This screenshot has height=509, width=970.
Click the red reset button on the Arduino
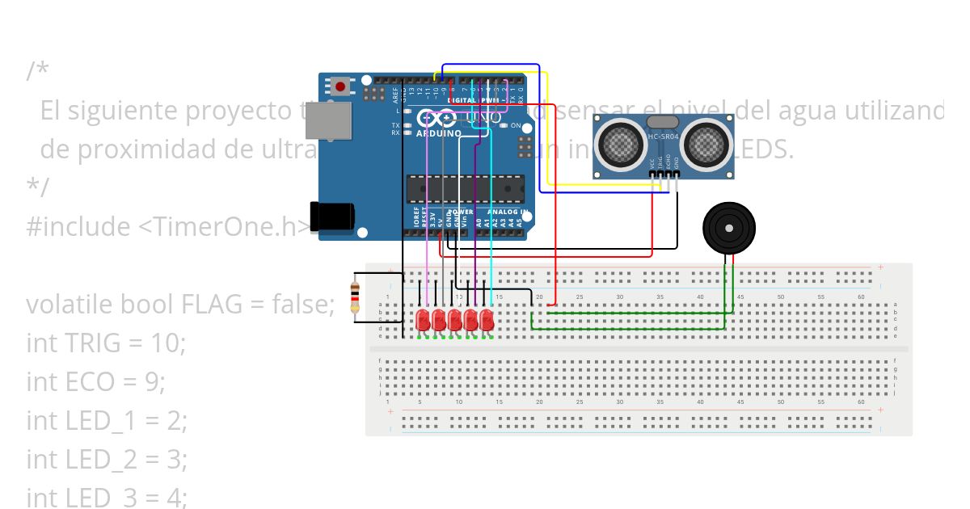[x=341, y=86]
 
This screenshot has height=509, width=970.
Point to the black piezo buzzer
[x=730, y=229]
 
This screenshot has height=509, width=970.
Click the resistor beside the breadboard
[x=354, y=298]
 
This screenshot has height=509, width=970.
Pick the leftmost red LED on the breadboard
[x=422, y=320]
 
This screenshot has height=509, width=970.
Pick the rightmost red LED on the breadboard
[x=487, y=320]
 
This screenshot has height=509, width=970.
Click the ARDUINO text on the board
[x=439, y=133]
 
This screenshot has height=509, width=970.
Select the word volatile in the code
[x=70, y=305]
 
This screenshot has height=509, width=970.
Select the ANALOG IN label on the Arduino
[x=508, y=212]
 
